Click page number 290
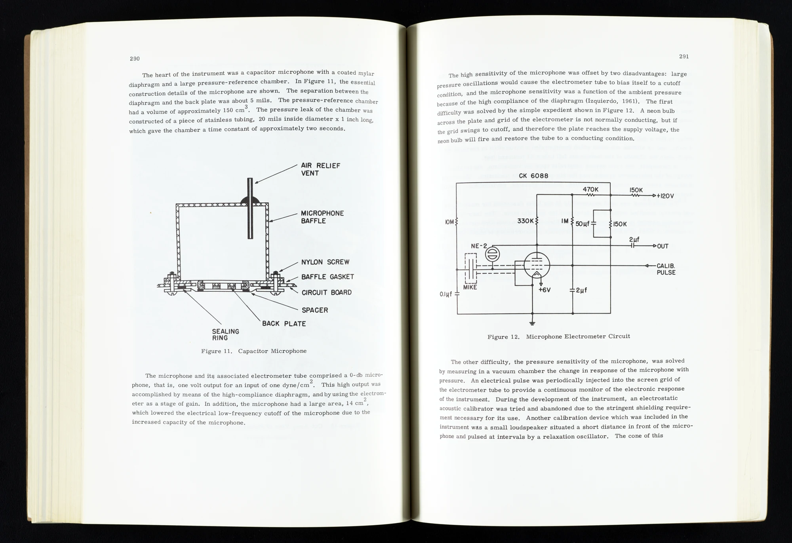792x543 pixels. (x=135, y=59)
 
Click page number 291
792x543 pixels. (x=684, y=56)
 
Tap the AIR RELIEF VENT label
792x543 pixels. (x=320, y=169)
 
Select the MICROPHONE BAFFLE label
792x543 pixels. (x=322, y=217)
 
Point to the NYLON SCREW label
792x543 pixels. (x=325, y=262)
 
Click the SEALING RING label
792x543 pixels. (x=225, y=334)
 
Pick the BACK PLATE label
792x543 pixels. (x=284, y=324)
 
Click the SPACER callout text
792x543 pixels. (x=315, y=310)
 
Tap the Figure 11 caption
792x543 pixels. (x=254, y=351)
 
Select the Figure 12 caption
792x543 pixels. (x=558, y=336)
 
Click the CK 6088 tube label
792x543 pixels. (x=533, y=176)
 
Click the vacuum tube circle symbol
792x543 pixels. (x=537, y=266)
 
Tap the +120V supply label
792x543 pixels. (x=665, y=196)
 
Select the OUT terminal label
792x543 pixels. (x=663, y=246)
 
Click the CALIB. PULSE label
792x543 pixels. (x=666, y=269)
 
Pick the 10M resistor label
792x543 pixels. (x=449, y=222)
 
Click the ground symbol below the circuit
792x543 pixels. (x=532, y=323)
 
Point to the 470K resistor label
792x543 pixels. (x=590, y=190)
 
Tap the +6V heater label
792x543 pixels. (x=545, y=290)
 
